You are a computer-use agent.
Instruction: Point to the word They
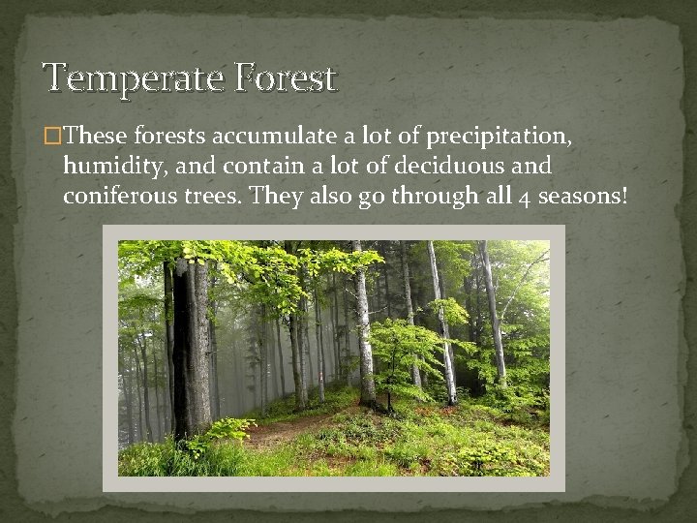click(x=277, y=197)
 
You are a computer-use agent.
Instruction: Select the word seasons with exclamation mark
click(x=582, y=197)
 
